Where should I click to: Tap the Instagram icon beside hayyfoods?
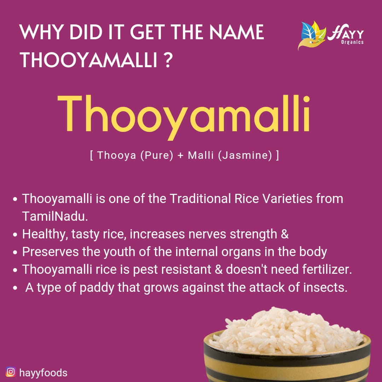(11, 372)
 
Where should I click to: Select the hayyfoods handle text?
(43, 372)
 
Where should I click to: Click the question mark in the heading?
(169, 60)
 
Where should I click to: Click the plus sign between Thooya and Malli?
(181, 156)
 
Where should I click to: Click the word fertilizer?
(325, 270)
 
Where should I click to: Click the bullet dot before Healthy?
(15, 235)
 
